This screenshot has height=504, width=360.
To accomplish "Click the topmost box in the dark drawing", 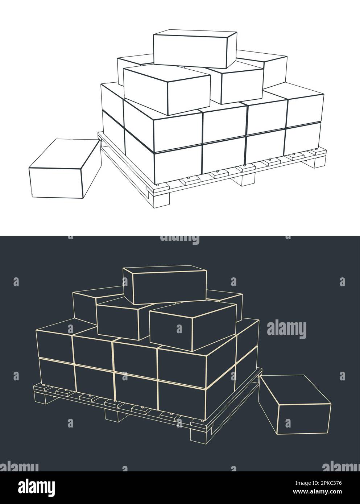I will (165, 285).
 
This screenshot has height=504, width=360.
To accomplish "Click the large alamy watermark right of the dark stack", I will (286, 330).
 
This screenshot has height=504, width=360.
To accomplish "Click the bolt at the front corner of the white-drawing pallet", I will (158, 185).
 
